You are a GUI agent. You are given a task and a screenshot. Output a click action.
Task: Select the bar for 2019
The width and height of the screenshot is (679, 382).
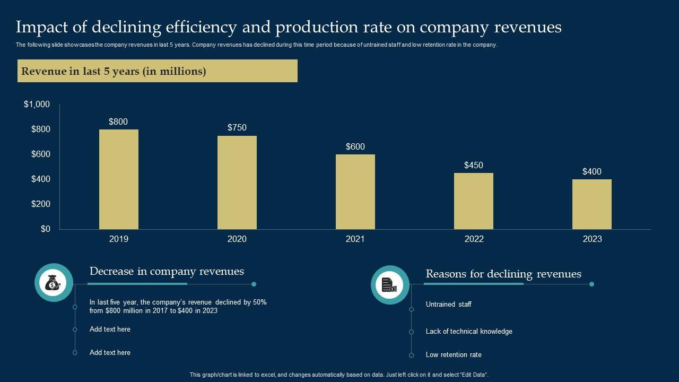tap(118, 179)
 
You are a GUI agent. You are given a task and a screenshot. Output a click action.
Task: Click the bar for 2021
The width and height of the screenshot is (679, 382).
tap(355, 192)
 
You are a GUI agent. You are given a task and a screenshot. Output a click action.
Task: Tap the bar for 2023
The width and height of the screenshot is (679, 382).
tap(591, 204)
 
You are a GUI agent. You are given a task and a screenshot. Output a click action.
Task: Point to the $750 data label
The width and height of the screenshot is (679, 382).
tap(237, 127)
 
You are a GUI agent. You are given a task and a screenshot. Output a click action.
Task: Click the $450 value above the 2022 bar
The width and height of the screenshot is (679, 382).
tap(473, 165)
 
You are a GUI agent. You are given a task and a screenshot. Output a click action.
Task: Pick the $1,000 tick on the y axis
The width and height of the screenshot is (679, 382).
tap(37, 105)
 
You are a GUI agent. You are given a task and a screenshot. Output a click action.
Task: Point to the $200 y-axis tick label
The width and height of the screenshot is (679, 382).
tap(41, 204)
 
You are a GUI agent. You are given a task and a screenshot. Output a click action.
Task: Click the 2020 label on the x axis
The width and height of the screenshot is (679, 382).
tap(237, 239)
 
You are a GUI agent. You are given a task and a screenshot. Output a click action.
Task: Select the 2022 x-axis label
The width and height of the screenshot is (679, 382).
tap(474, 239)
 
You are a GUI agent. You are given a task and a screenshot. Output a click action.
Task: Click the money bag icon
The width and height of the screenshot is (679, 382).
tap(54, 284)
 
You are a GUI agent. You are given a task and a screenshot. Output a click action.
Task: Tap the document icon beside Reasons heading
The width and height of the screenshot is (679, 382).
tap(390, 285)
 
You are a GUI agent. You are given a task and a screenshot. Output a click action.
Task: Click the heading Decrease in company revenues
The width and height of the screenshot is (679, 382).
tap(167, 272)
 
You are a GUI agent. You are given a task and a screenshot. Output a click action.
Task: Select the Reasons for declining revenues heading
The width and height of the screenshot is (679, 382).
tap(503, 274)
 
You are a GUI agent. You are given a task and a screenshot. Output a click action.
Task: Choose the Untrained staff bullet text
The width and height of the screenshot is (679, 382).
tap(448, 305)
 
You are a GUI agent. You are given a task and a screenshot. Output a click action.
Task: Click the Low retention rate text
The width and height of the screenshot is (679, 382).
tap(454, 355)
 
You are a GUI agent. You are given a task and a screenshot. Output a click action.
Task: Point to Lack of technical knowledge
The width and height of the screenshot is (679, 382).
tap(469, 332)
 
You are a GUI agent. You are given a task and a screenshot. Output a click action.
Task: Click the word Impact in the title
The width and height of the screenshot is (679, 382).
tap(39, 27)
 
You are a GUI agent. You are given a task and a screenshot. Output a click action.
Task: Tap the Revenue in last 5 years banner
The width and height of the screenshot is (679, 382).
tap(158, 71)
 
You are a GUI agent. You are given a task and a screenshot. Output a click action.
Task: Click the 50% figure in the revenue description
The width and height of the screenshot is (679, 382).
tap(259, 302)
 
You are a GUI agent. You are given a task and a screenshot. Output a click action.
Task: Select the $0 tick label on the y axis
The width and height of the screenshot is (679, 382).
tap(45, 229)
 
